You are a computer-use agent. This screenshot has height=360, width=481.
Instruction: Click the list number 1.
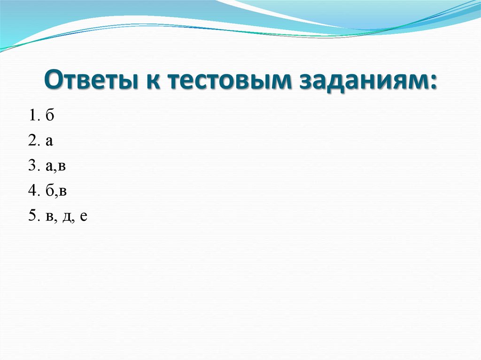pos(31,116)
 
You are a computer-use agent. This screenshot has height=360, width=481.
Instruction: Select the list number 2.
pos(31,141)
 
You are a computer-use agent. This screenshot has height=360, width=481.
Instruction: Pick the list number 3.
pos(31,166)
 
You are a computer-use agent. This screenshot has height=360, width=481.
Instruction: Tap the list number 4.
pos(31,191)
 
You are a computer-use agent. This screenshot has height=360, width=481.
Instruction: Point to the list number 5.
pos(31,216)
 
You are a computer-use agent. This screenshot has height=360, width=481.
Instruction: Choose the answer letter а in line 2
pos(49,142)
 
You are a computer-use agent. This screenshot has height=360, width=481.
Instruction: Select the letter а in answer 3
pos(49,167)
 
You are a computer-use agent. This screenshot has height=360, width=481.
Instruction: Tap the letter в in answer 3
pos(62,167)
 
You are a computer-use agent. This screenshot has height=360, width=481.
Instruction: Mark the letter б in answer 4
pos(49,191)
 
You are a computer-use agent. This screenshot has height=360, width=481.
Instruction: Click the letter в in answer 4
pos(62,192)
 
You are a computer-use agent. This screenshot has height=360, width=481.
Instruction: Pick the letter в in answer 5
pos(49,217)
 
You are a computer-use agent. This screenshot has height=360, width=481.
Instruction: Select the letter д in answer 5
pos(66,217)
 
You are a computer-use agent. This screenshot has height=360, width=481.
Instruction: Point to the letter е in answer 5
pos(83,217)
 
